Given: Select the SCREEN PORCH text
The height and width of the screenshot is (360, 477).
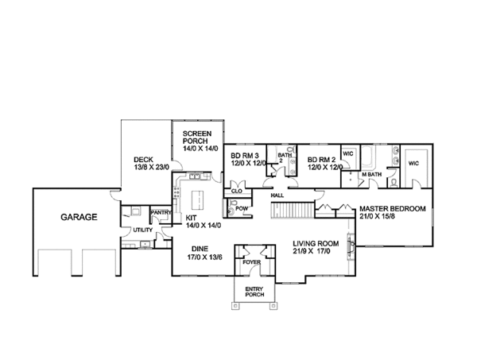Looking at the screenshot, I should click(x=197, y=137).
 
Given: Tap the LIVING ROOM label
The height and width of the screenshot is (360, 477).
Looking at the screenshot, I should click(x=314, y=245).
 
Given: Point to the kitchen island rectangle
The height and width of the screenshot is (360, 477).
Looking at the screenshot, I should click(x=196, y=196).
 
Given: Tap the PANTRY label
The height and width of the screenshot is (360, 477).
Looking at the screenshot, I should click(x=161, y=212).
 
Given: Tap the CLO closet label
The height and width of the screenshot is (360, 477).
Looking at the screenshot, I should click(x=236, y=191).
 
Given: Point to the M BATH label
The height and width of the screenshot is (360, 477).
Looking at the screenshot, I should click(x=371, y=174).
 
